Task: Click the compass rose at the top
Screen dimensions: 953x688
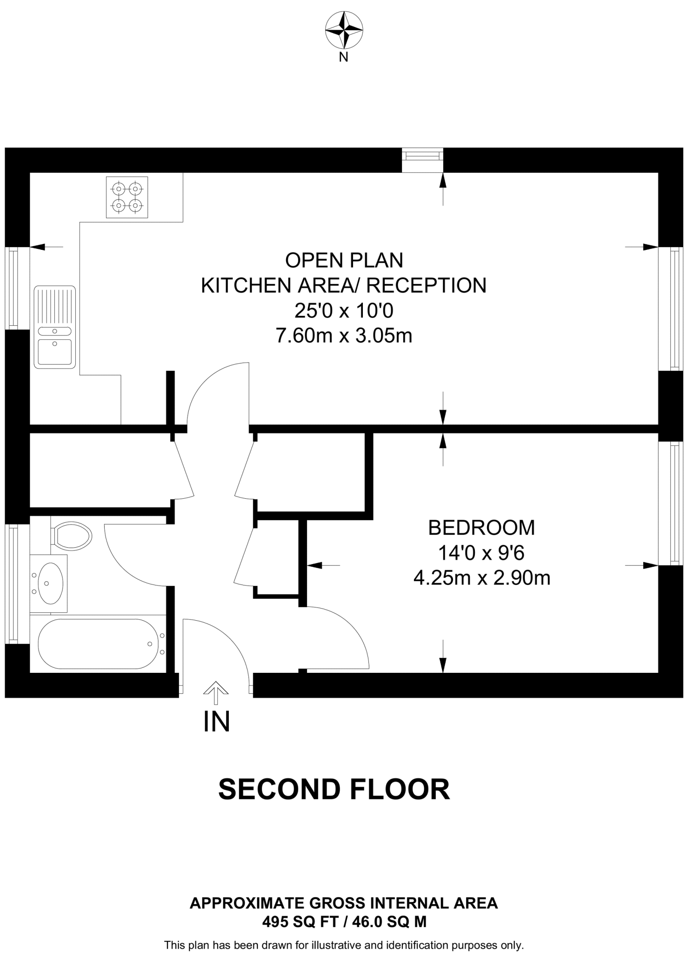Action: (344, 30)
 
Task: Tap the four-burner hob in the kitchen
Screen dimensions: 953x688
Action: (127, 197)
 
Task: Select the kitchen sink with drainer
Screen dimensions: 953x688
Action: (55, 327)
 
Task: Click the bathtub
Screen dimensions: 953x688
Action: (99, 644)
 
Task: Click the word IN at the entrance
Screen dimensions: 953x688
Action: (217, 722)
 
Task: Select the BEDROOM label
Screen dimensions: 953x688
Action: (481, 528)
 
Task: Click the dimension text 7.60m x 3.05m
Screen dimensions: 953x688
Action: (344, 336)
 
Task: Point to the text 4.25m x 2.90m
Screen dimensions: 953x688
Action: (481, 578)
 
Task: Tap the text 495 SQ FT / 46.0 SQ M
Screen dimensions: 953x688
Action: (344, 921)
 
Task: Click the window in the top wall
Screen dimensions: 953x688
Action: (422, 154)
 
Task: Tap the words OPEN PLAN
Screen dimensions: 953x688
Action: (344, 260)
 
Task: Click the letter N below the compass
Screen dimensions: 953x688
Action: (343, 58)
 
